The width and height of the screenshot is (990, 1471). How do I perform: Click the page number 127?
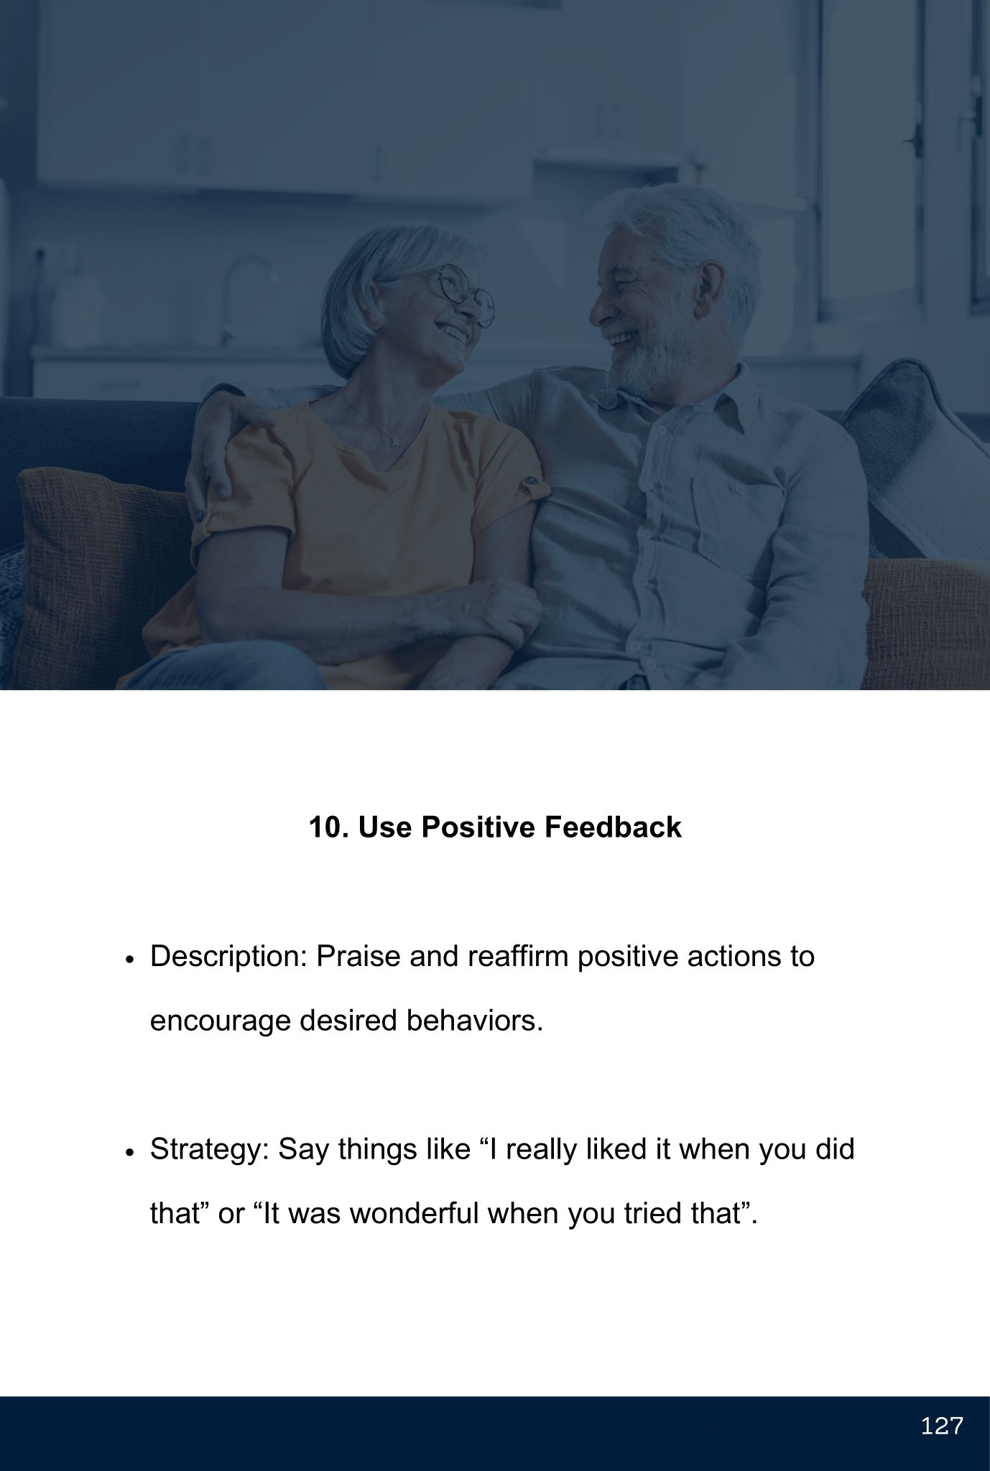941,1426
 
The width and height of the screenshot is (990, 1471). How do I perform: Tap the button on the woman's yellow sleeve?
532,480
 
